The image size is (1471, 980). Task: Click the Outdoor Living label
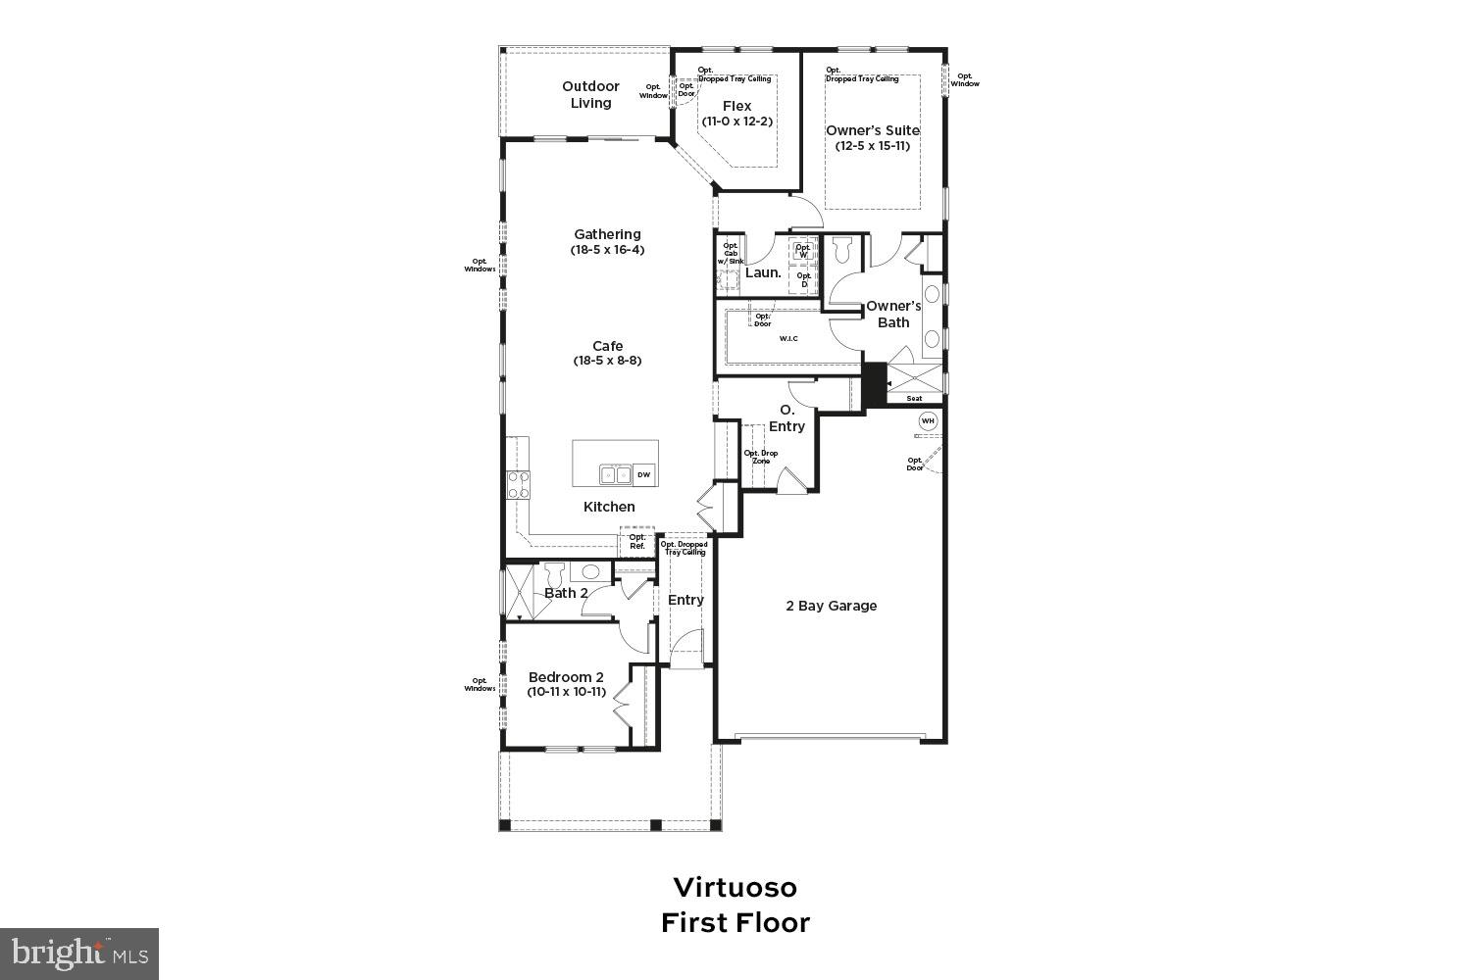(590, 94)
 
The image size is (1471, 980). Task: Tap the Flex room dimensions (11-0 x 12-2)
(736, 122)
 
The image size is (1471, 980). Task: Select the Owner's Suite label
(872, 130)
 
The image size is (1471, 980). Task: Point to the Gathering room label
(607, 234)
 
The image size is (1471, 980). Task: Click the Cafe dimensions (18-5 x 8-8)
(607, 361)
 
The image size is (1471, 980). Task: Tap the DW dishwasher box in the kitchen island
(644, 475)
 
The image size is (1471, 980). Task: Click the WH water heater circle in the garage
(928, 421)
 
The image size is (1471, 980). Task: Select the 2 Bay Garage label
(831, 606)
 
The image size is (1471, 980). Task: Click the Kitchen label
(609, 507)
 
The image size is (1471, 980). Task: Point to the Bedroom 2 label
(566, 677)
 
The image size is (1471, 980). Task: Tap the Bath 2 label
(566, 593)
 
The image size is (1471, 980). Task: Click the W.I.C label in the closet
(788, 339)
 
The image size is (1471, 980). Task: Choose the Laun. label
(763, 272)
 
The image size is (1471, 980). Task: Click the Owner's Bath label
(893, 314)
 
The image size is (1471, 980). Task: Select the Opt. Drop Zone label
(760, 457)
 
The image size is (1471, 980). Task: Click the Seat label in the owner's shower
(914, 399)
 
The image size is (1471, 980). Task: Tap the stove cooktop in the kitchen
(518, 485)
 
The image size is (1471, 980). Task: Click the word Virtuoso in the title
(735, 887)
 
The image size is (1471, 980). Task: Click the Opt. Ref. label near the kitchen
(637, 541)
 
